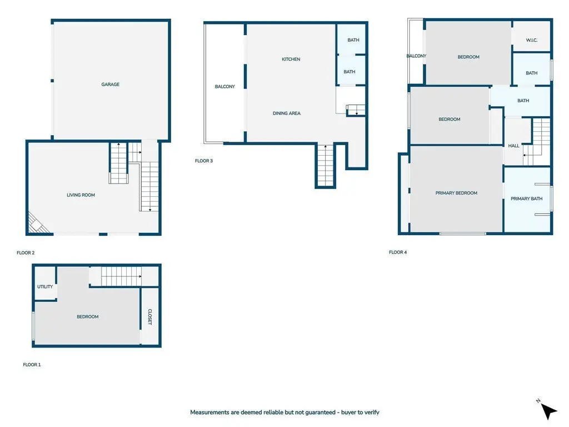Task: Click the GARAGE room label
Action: (111, 85)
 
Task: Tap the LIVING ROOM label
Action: (81, 195)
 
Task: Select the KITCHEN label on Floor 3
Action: (291, 59)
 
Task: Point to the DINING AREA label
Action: (287, 113)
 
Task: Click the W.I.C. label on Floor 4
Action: (532, 40)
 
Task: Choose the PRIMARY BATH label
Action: (527, 198)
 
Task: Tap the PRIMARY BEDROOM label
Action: (457, 193)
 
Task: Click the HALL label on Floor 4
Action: (513, 146)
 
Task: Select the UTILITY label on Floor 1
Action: (45, 287)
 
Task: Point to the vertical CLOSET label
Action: (150, 317)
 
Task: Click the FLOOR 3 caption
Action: (204, 161)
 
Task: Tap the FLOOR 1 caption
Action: (32, 365)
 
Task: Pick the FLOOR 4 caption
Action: (398, 252)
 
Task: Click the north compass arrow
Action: (548, 411)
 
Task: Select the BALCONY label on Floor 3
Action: (225, 86)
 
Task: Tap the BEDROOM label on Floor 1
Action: (88, 316)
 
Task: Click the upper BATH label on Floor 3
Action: (353, 40)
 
